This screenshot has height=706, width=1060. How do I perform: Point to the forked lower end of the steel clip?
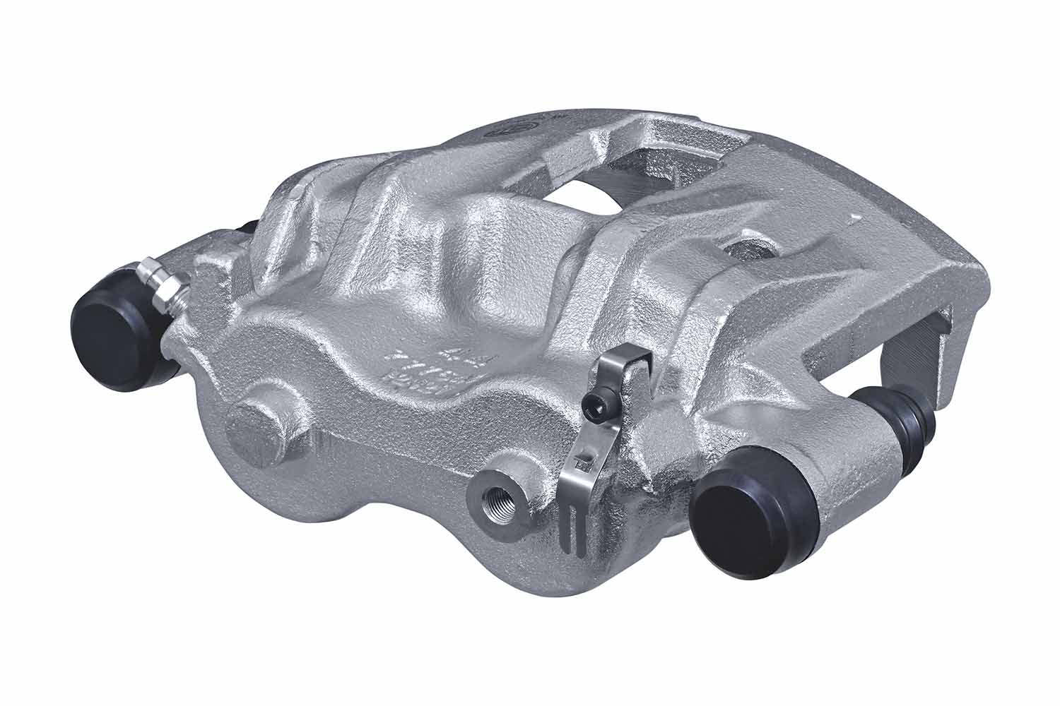(574, 526)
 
